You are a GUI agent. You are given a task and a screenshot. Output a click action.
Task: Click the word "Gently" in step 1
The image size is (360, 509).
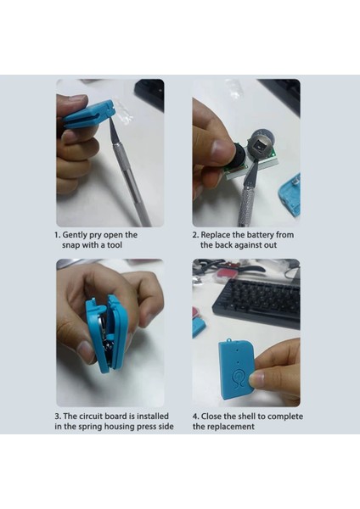pos(75,235)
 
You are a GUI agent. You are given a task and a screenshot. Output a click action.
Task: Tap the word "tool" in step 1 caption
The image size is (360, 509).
pos(115,245)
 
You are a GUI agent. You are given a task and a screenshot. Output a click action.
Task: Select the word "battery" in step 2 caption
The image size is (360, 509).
pos(260,235)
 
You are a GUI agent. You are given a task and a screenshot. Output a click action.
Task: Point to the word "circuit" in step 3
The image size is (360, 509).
pos(92,417)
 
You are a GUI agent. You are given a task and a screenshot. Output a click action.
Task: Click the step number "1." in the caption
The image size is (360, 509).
pos(58,235)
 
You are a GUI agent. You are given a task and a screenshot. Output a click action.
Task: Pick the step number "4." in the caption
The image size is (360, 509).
pos(195,417)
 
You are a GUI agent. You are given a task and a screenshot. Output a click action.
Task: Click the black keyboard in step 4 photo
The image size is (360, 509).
pos(256,299)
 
